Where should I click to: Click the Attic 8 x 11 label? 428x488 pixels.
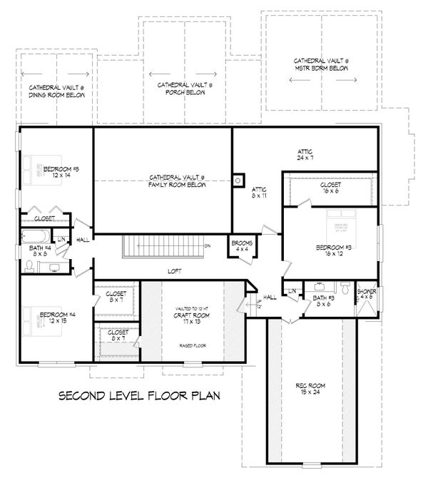[x=259, y=193]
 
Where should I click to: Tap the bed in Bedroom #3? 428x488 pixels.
[x=342, y=224]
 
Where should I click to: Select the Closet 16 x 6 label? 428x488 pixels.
[x=330, y=188]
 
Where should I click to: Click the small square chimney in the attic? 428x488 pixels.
[x=239, y=180]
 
